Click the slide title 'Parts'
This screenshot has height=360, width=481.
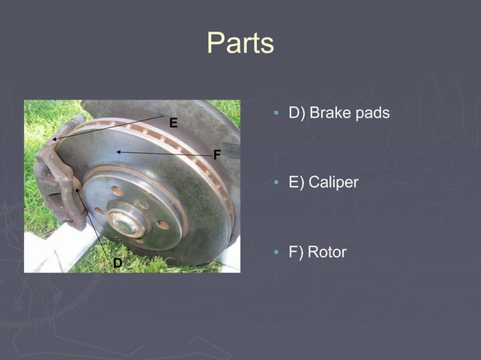(240, 43)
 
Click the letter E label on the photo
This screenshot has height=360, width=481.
(173, 123)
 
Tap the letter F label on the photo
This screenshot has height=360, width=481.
(217, 155)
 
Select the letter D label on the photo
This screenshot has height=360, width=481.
(118, 262)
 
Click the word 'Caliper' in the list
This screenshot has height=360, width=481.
(333, 182)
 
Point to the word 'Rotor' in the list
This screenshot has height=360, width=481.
(327, 252)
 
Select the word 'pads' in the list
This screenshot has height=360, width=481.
(372, 113)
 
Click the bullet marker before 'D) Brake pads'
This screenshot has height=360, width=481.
(277, 114)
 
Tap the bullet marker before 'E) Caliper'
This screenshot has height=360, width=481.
(277, 183)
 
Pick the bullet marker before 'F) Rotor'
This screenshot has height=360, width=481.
(277, 252)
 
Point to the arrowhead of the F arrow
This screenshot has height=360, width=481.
(118, 152)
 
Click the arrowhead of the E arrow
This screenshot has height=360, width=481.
(54, 139)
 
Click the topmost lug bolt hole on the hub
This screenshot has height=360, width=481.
(118, 191)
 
